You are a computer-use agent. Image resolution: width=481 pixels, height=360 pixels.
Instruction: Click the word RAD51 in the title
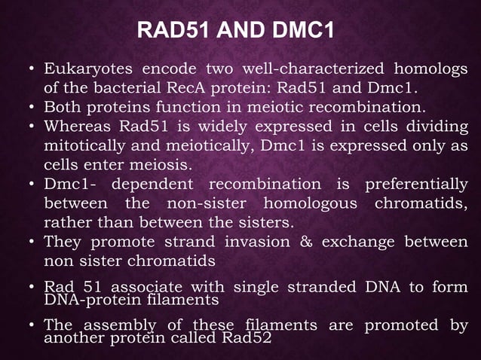[167, 32]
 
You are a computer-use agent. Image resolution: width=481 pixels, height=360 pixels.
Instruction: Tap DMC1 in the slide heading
[294, 32]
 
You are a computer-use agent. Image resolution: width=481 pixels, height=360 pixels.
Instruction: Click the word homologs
[426, 71]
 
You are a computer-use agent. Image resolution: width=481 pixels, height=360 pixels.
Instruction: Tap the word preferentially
[415, 185]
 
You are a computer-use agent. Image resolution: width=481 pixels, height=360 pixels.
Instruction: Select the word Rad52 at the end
[248, 337]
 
